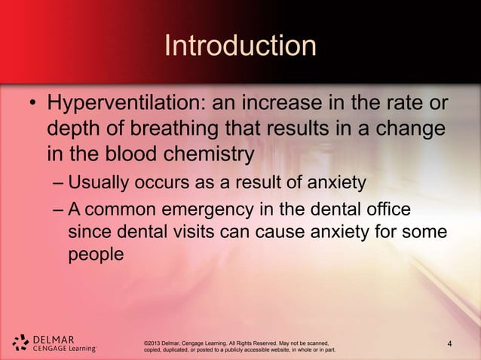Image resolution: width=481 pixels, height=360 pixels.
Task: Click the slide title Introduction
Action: (240, 47)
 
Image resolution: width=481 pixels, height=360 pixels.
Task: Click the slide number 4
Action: (449, 346)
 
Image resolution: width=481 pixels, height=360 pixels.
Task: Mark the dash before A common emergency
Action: (59, 210)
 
